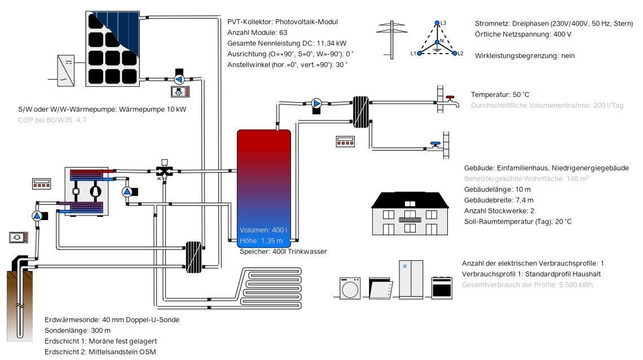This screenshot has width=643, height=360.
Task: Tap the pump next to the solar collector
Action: (180, 79)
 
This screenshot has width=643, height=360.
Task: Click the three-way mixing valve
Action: (164, 171)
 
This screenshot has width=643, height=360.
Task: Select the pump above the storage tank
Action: (316, 103)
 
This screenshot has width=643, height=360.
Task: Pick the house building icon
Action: (410, 213)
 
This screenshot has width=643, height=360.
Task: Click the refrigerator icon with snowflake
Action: (411, 279)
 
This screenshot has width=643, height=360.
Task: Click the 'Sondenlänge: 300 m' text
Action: (77, 330)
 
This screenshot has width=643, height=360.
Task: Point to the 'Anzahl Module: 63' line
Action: (257, 32)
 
